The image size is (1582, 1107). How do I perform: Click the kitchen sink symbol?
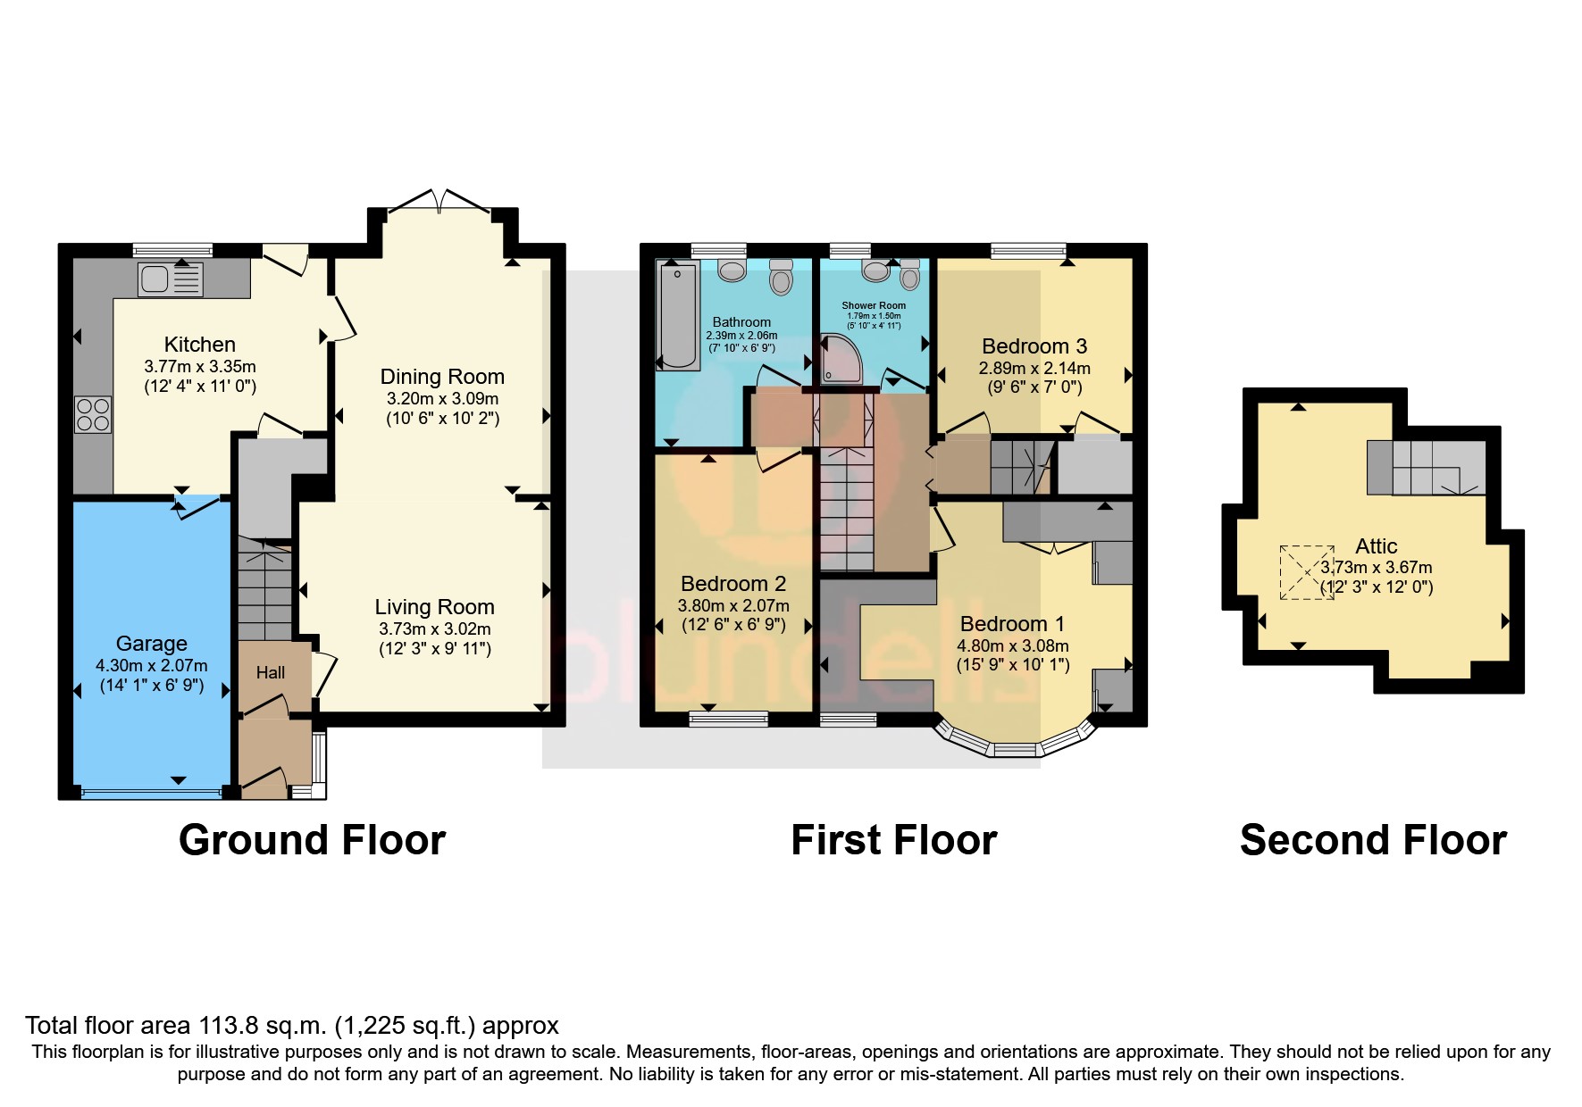[171, 279]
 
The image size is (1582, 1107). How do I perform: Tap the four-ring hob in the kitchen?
[93, 414]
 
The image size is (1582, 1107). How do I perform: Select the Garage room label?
[152, 644]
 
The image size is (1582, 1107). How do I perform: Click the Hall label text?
[271, 672]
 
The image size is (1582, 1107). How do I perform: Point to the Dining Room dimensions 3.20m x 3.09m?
[442, 399]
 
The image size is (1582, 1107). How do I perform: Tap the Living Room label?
[434, 607]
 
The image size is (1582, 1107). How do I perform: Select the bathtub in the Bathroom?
[678, 314]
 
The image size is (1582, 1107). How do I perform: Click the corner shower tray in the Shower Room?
[839, 359]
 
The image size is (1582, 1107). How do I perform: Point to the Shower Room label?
[874, 305]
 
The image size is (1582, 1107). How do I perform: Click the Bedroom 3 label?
[1034, 346]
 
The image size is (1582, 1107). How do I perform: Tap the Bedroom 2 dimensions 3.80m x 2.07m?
[733, 605]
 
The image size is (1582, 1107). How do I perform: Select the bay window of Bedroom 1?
[1014, 744]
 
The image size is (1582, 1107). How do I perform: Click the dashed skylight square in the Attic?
[1307, 572]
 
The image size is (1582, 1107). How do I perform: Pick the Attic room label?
[1376, 546]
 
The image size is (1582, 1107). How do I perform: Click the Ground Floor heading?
[312, 840]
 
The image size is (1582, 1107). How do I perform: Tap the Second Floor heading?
[1373, 840]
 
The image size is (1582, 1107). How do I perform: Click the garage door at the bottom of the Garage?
[150, 792]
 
